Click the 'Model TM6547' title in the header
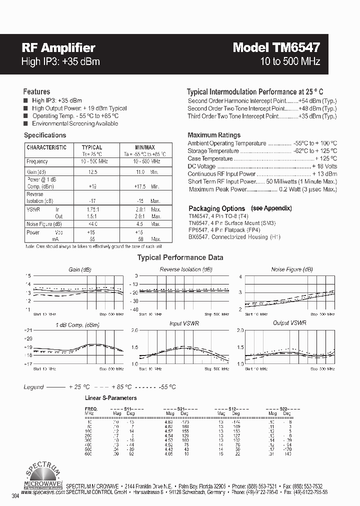pyautogui.click(x=276, y=47)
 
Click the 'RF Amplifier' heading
pyautogui.click(x=58, y=48)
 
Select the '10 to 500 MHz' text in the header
pyautogui.click(x=290, y=62)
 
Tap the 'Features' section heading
pyautogui.click(x=36, y=92)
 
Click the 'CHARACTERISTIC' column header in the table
pyautogui.click(x=46, y=147)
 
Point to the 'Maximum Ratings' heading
pyautogui.click(x=214, y=135)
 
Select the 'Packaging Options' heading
pyautogui.click(x=216, y=208)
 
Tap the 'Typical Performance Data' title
pyautogui.click(x=180, y=258)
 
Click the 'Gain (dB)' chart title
pyautogui.click(x=80, y=269)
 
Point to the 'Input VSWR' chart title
pyautogui.click(x=184, y=324)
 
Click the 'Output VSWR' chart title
pyautogui.click(x=290, y=323)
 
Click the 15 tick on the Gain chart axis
pyautogui.click(x=28, y=276)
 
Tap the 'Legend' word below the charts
pyautogui.click(x=33, y=387)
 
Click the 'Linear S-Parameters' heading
pyautogui.click(x=110, y=398)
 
